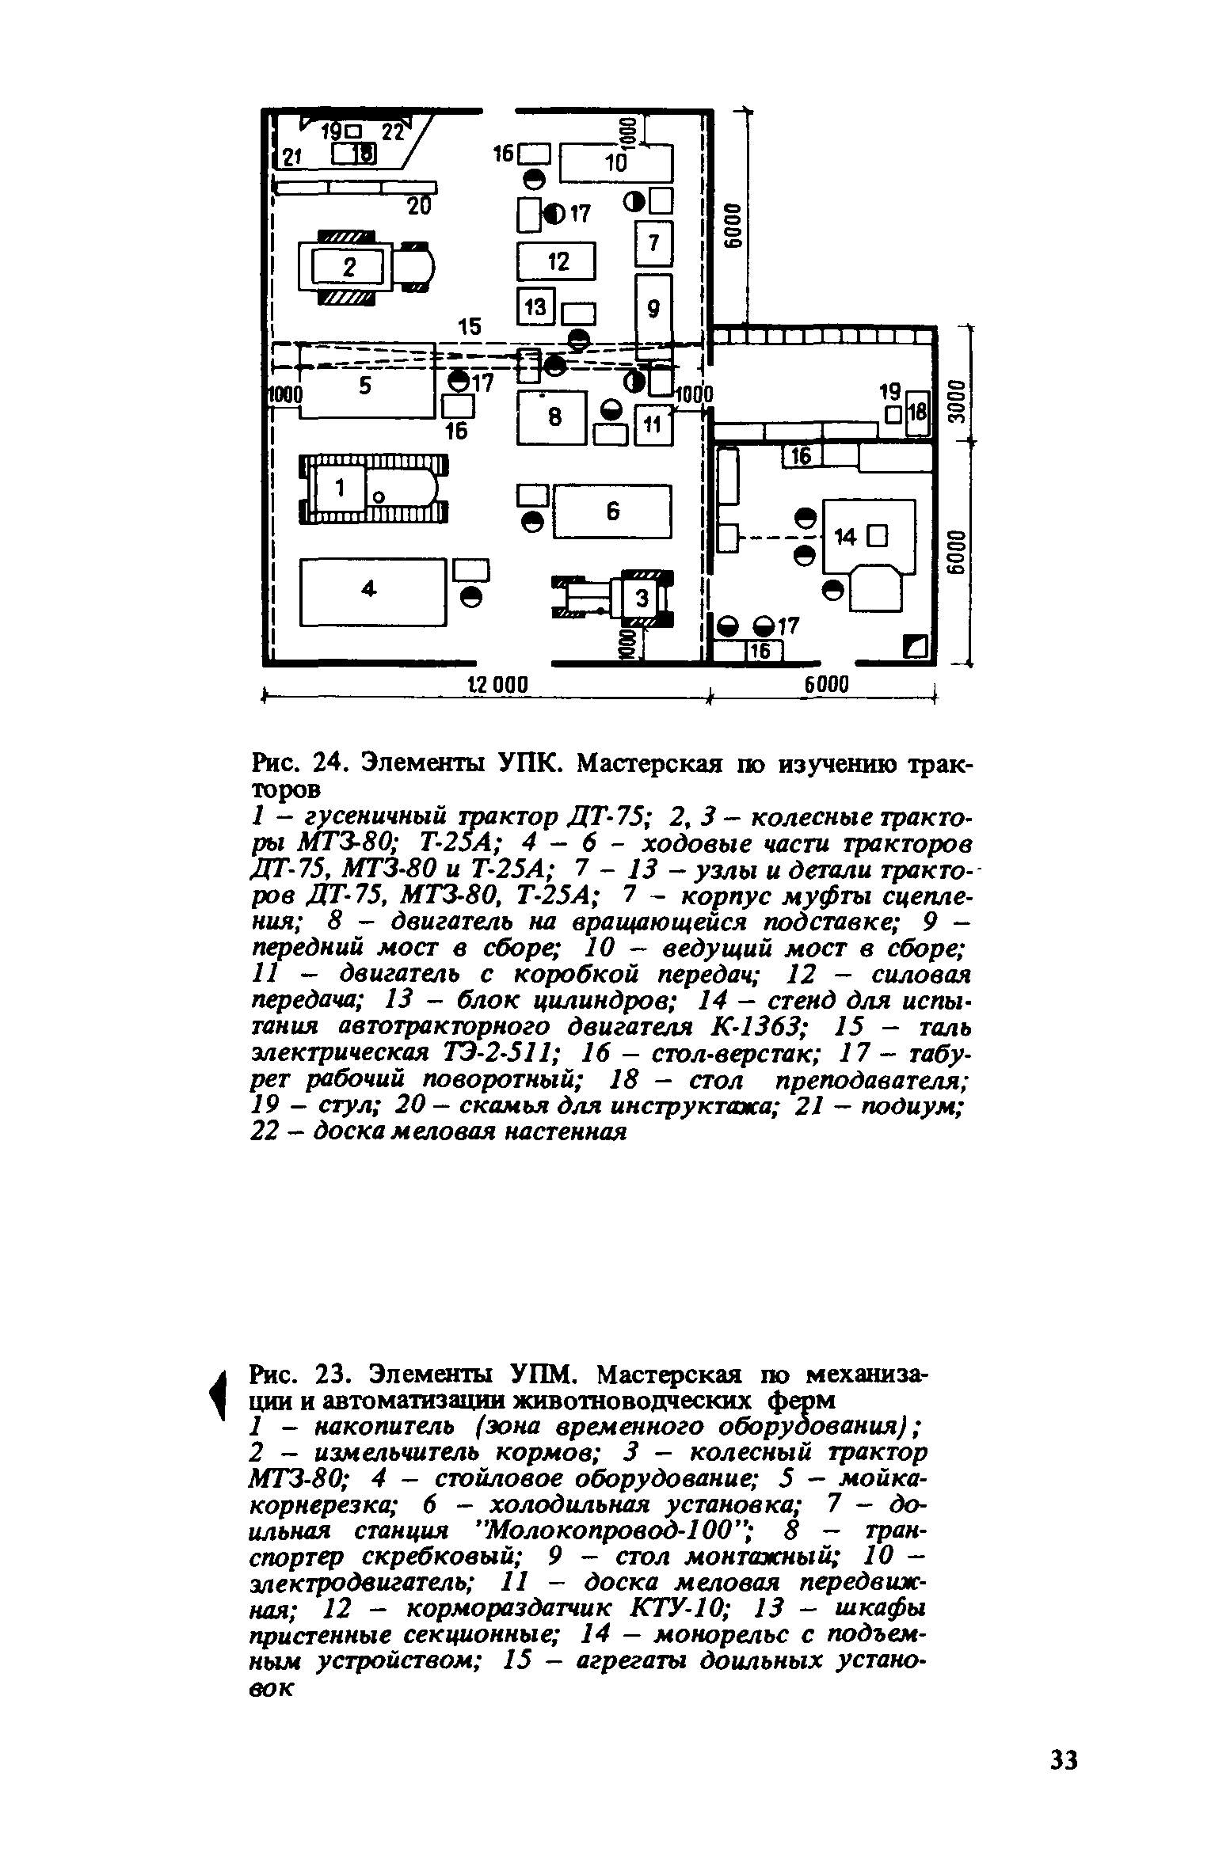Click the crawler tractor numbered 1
click(372, 489)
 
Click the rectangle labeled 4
click(370, 591)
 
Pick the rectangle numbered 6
click(612, 512)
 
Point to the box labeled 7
click(654, 243)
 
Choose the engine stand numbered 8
click(551, 416)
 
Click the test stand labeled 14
click(868, 537)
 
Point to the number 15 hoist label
click(469, 326)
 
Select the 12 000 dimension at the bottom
click(494, 685)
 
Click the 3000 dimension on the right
click(956, 403)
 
